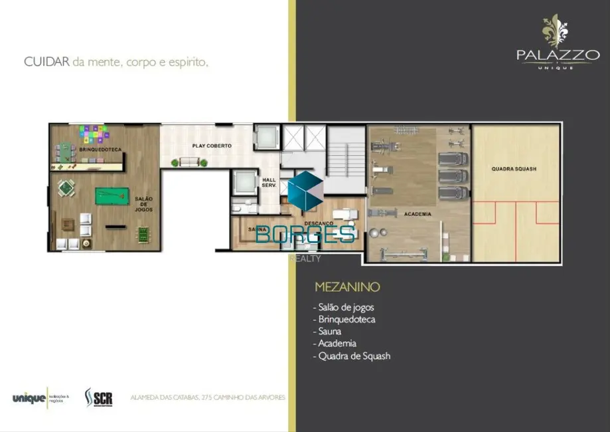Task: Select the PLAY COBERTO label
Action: [x=212, y=146]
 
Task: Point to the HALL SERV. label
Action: [x=269, y=183]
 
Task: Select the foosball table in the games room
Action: [x=143, y=234]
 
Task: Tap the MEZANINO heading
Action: [x=347, y=288]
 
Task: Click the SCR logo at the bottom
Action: [x=99, y=397]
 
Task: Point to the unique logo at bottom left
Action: [x=29, y=398]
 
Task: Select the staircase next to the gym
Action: [x=346, y=152]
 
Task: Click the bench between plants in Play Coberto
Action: [x=190, y=162]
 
